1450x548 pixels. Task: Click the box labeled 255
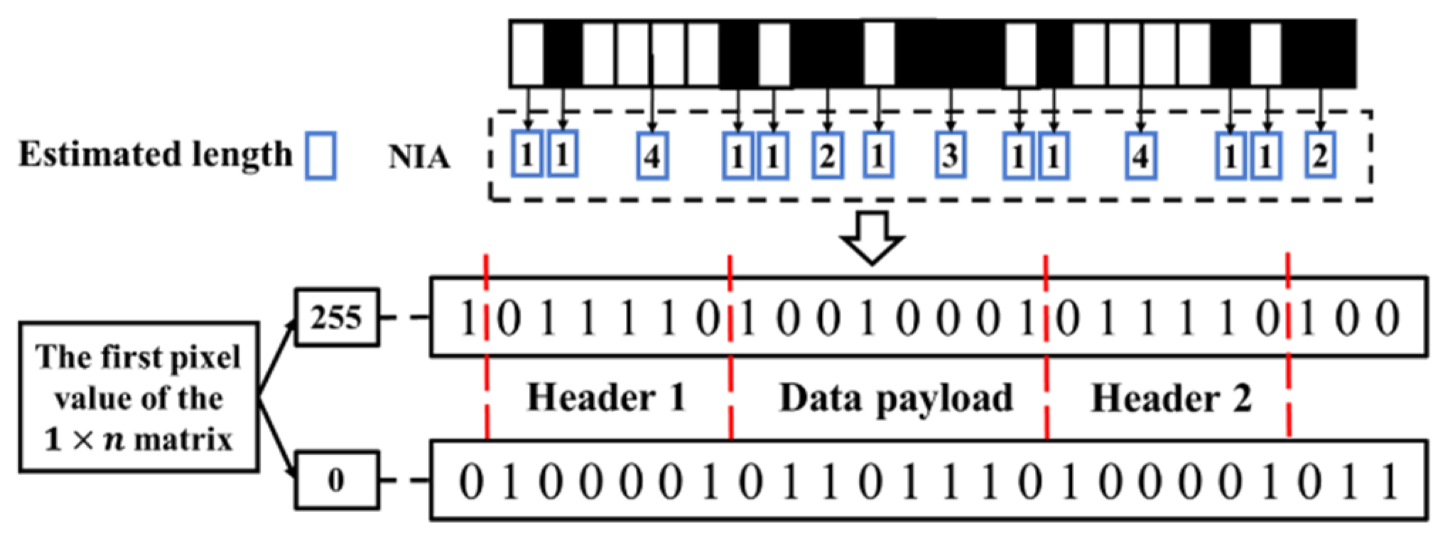pyautogui.click(x=336, y=317)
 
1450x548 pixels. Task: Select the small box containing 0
pyautogui.click(x=336, y=480)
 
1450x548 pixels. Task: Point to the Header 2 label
pyautogui.click(x=1171, y=398)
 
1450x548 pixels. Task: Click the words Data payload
pyautogui.click(x=896, y=399)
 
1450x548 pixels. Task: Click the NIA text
pyautogui.click(x=419, y=157)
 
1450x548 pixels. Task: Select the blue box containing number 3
pyautogui.click(x=950, y=155)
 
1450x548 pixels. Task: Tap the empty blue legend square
pyautogui.click(x=320, y=155)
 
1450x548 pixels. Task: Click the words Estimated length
pyautogui.click(x=155, y=154)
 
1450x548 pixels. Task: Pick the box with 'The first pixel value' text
pyautogui.click(x=139, y=397)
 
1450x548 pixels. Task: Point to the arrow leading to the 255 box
pyautogui.click(x=277, y=355)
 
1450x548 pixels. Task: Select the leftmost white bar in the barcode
pyautogui.click(x=527, y=54)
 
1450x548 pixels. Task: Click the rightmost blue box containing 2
pyautogui.click(x=1320, y=155)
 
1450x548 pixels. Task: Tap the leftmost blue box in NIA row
pyautogui.click(x=526, y=155)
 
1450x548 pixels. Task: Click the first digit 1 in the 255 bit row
pyautogui.click(x=467, y=318)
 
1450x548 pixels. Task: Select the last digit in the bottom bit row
pyautogui.click(x=1390, y=481)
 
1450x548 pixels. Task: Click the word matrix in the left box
pyautogui.click(x=183, y=440)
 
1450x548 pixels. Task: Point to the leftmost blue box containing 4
pyautogui.click(x=652, y=155)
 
